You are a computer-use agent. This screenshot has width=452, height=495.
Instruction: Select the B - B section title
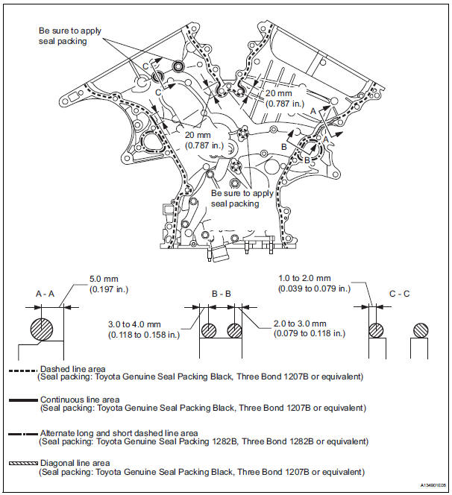tap(222, 294)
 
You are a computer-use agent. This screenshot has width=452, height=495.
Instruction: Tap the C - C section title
tap(401, 294)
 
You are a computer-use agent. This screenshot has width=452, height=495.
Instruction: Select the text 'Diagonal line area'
tap(75, 463)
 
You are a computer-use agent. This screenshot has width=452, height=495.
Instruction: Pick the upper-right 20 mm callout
tap(280, 95)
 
